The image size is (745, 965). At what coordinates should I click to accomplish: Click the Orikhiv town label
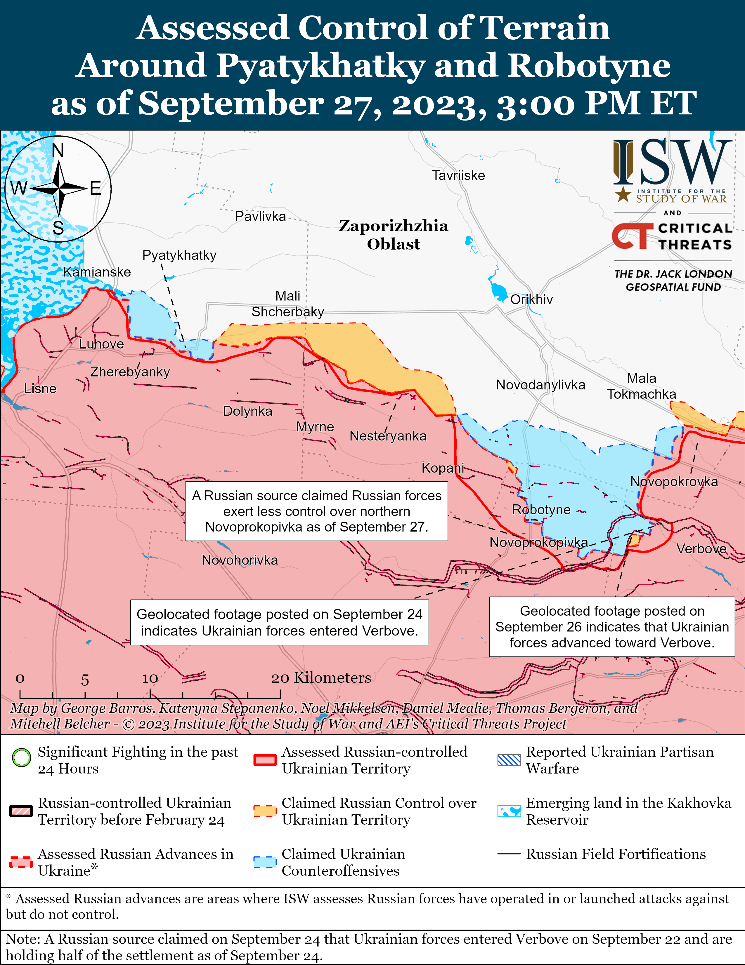coord(531,299)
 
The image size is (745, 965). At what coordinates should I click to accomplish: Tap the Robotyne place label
coord(541,509)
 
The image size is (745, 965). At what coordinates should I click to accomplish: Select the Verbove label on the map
coord(701,549)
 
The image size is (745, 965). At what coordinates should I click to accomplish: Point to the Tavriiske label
coord(458,175)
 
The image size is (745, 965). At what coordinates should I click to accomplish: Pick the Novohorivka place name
coord(240,560)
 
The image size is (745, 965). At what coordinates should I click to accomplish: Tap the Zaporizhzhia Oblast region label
coord(393,235)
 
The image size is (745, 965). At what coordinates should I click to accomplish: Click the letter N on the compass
coord(58,151)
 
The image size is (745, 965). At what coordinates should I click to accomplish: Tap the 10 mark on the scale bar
coord(150,678)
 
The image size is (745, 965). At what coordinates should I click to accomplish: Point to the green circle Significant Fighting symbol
coord(21,758)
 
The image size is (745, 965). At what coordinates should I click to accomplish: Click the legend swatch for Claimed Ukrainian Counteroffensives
coord(265,862)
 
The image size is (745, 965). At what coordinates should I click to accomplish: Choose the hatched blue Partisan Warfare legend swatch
coord(509,760)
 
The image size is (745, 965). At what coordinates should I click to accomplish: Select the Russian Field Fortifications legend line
coord(509,854)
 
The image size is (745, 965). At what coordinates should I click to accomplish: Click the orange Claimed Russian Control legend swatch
coord(265,811)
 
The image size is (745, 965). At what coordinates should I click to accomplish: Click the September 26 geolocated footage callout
coord(611,626)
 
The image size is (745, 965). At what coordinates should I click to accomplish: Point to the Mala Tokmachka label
coord(641,386)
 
